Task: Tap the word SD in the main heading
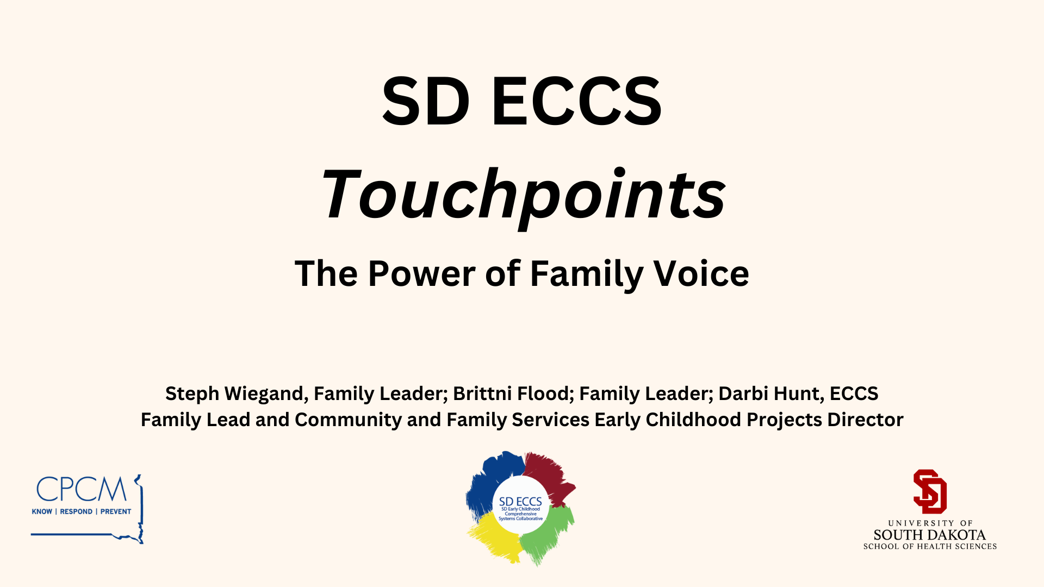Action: pyautogui.click(x=426, y=101)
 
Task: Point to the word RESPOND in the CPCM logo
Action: pyautogui.click(x=76, y=511)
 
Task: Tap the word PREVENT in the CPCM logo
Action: pyautogui.click(x=116, y=511)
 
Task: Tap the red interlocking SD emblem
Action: pyautogui.click(x=930, y=491)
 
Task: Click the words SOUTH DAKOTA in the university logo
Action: pyautogui.click(x=930, y=535)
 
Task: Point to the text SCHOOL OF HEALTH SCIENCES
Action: pyautogui.click(x=930, y=546)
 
